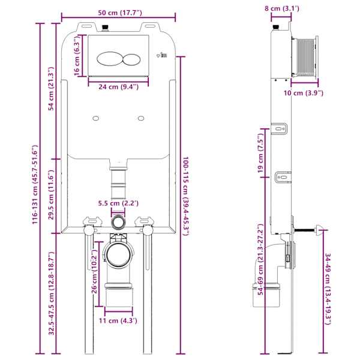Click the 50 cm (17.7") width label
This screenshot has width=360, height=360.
pos(120,13)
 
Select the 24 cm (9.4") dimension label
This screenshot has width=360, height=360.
pos(118,87)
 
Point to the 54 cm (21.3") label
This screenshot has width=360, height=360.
pos(51,89)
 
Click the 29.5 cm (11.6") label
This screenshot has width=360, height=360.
pos(51,194)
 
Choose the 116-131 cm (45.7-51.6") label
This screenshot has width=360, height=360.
pos(34,185)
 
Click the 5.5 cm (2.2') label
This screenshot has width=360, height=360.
pos(118,203)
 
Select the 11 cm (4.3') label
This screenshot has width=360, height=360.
pos(118,320)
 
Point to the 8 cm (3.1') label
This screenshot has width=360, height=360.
pos(282,8)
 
